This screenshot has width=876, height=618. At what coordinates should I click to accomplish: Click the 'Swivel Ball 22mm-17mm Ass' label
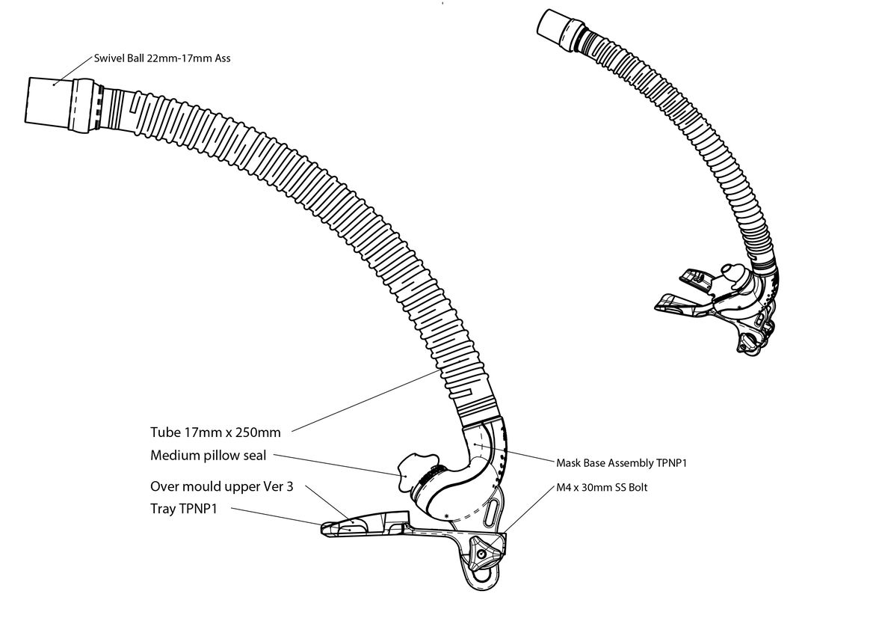click(162, 58)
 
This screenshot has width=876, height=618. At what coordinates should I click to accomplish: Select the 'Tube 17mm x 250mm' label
click(215, 432)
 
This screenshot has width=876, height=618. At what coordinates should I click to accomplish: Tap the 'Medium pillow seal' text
click(208, 455)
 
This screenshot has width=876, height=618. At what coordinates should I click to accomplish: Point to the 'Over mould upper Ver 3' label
click(221, 486)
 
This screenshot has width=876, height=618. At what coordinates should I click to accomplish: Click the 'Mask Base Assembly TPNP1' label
click(621, 463)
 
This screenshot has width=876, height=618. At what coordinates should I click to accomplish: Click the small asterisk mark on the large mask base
click(447, 516)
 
